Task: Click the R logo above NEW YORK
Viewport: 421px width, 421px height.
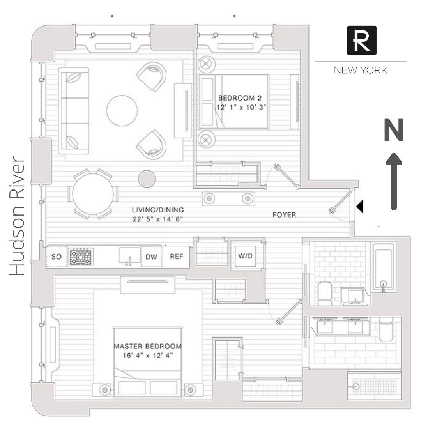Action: pos(361,40)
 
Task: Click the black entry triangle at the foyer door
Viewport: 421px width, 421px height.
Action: pos(360,207)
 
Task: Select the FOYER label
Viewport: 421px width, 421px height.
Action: pos(284,214)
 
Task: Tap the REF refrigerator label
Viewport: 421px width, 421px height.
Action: pos(177,257)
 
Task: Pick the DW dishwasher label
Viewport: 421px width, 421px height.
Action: pos(151,257)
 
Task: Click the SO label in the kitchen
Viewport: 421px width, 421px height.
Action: pos(57,257)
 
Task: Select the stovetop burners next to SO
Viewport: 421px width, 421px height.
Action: pos(81,257)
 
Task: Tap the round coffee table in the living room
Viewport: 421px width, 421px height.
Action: pos(122,110)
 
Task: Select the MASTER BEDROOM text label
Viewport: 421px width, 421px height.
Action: pos(148,346)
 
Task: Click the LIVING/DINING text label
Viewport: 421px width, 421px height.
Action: pos(157,210)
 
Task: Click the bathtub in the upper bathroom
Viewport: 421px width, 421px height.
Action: pos(384,267)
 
